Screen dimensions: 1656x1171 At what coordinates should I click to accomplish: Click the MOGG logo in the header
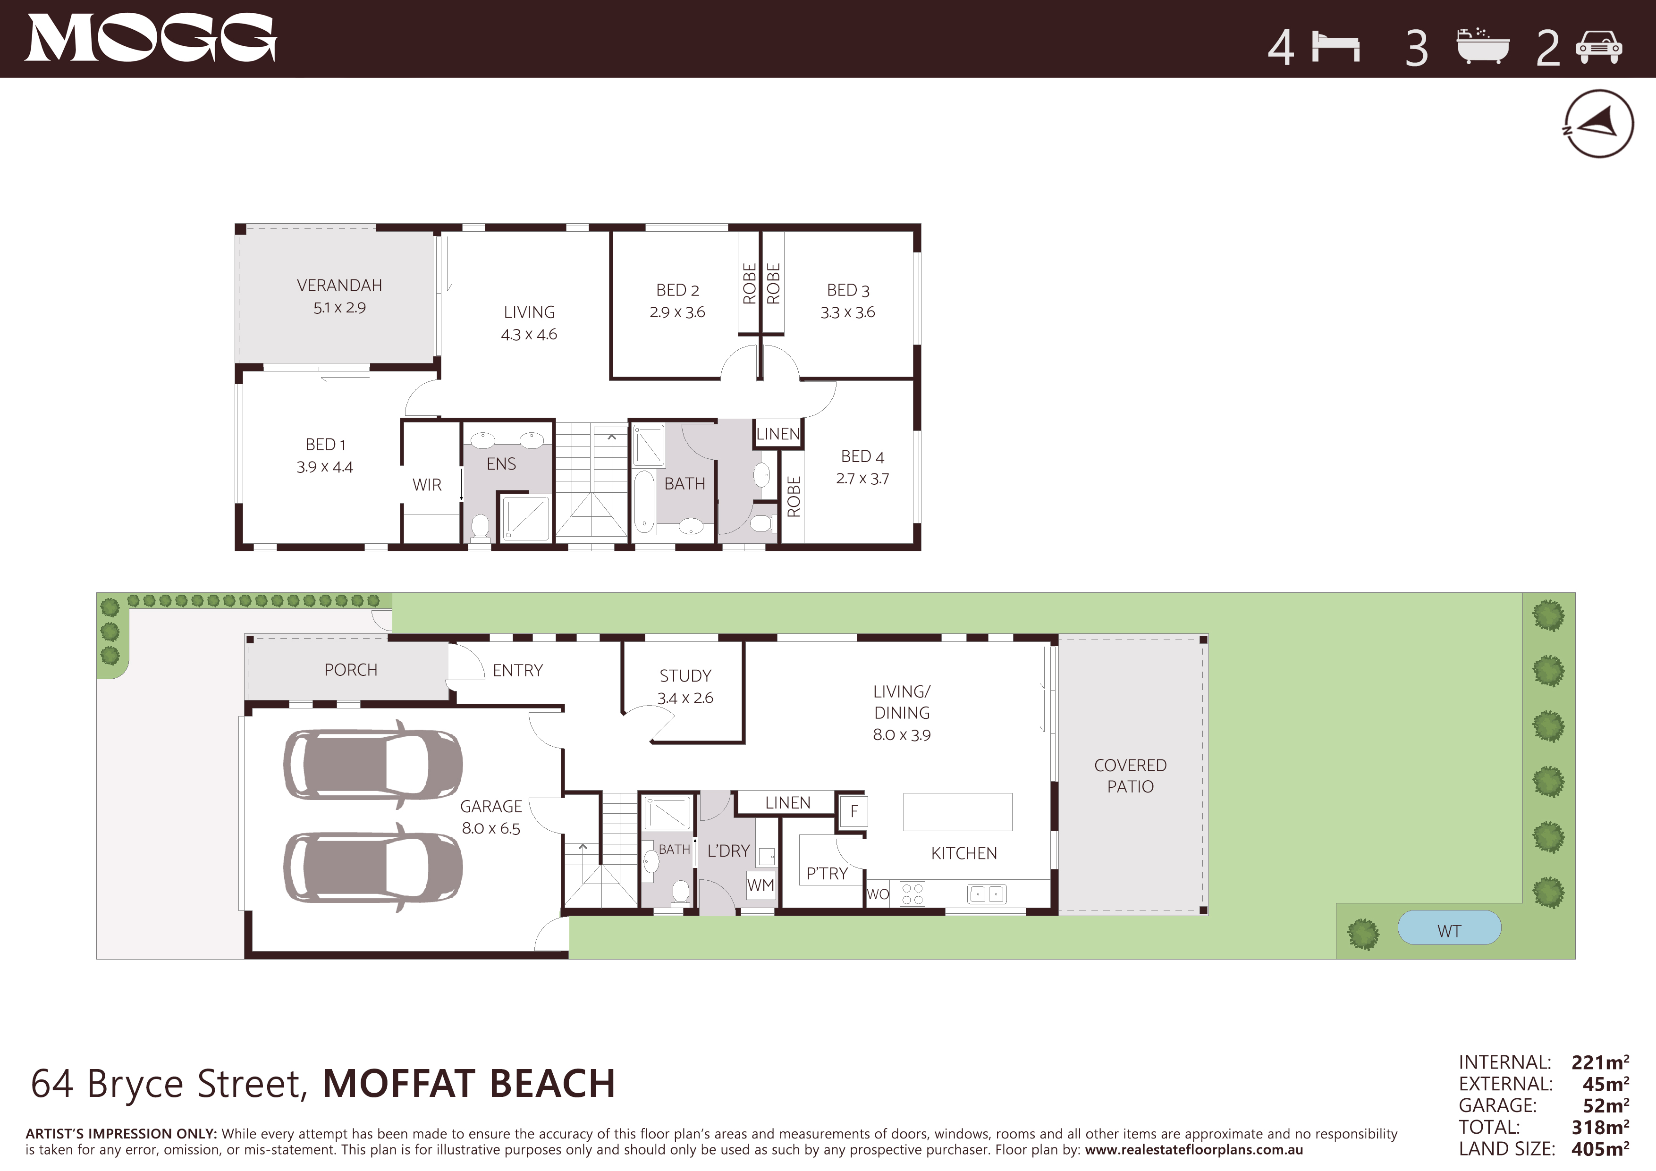click(151, 38)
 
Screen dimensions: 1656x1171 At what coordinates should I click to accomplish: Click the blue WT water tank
click(1449, 928)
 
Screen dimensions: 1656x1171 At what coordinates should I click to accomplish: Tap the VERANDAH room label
click(340, 286)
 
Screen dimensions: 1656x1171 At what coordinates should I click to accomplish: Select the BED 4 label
click(862, 456)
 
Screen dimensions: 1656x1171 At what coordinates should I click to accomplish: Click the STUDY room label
click(685, 675)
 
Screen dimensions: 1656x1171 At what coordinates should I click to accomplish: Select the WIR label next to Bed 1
click(427, 485)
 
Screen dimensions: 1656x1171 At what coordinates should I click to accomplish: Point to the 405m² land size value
click(1600, 1149)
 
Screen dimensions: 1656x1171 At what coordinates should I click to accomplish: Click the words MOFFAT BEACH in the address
click(469, 1084)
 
